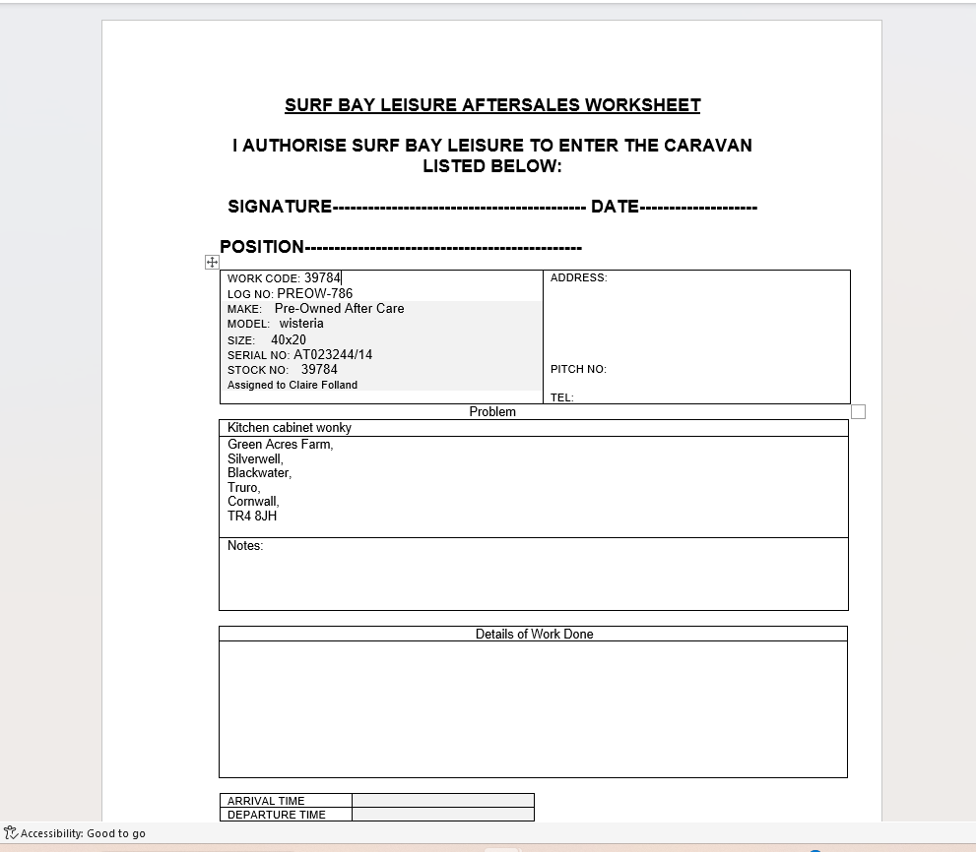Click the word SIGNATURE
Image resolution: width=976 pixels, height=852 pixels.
(x=280, y=207)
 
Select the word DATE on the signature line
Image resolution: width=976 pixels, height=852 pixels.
(x=615, y=207)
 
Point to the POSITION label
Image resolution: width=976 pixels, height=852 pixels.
(x=261, y=247)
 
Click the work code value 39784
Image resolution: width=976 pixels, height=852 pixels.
(x=322, y=278)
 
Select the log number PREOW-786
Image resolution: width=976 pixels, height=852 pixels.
(x=314, y=293)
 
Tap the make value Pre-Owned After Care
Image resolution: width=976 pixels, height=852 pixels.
(x=339, y=308)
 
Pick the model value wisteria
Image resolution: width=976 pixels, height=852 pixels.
(x=300, y=323)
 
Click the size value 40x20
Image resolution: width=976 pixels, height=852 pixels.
(x=289, y=339)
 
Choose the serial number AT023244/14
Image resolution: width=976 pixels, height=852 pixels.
(x=333, y=354)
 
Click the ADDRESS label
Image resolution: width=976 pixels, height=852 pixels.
(x=578, y=277)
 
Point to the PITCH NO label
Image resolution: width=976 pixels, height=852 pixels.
(x=578, y=369)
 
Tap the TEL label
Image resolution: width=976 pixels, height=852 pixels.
(x=561, y=397)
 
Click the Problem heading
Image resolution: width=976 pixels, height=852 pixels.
(x=492, y=412)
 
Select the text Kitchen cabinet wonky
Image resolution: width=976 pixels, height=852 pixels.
(x=290, y=428)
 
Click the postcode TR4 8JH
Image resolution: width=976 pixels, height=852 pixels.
(x=252, y=516)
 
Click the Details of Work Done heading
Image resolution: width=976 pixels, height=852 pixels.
(x=534, y=635)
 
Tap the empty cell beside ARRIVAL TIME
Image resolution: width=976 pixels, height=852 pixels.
(x=442, y=801)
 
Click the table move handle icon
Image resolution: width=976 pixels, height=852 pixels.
(x=212, y=262)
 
